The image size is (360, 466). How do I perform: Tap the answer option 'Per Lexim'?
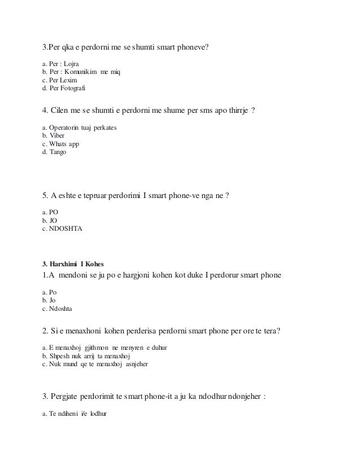[61, 81]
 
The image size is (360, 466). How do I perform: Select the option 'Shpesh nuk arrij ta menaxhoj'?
[90, 355]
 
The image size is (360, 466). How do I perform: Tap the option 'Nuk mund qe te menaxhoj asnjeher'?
[98, 364]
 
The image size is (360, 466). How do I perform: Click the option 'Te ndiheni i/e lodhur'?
[78, 413]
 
